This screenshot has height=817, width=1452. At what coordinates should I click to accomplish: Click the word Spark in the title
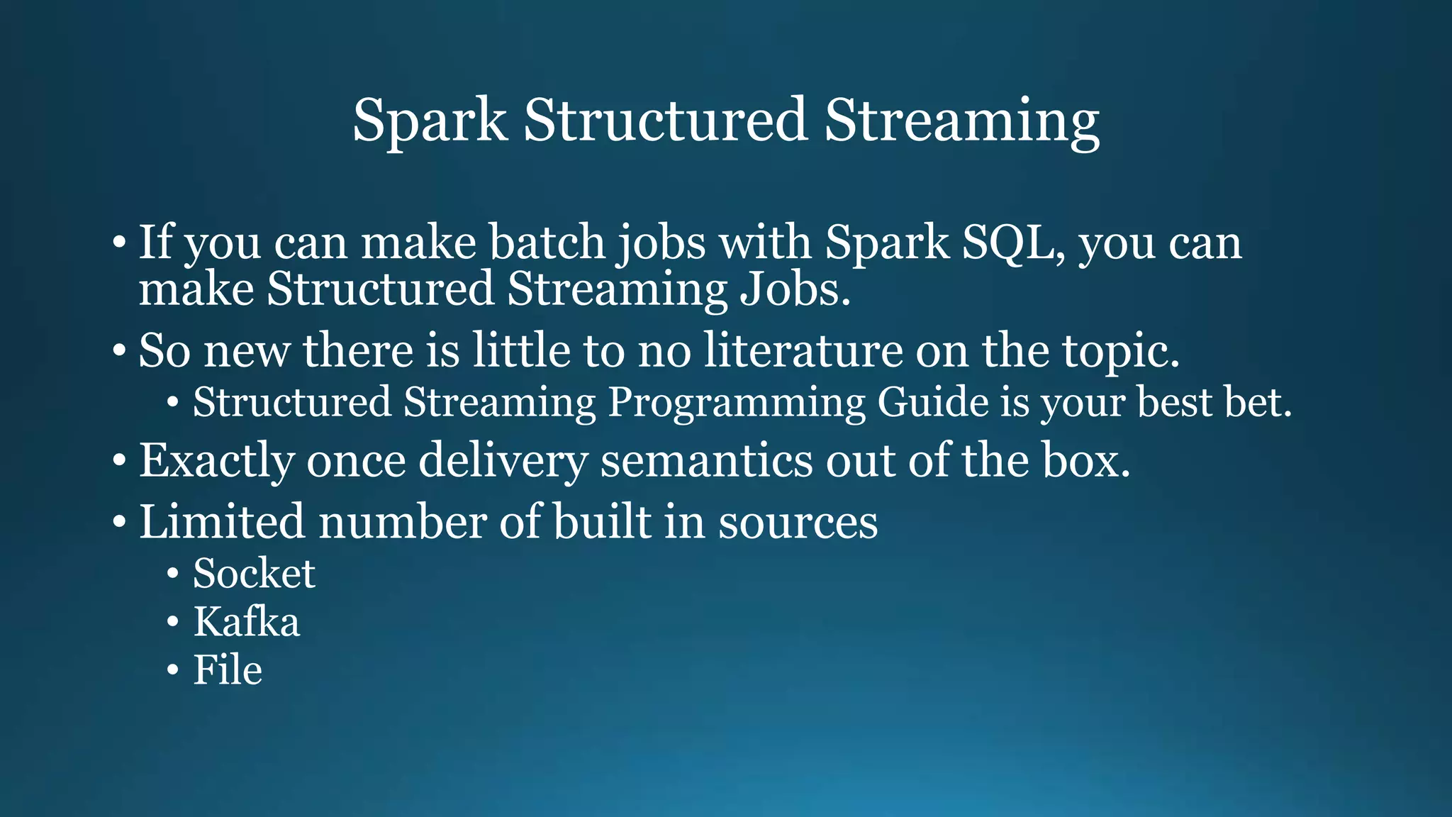click(x=430, y=121)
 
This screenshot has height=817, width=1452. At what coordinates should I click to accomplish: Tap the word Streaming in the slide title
click(x=961, y=121)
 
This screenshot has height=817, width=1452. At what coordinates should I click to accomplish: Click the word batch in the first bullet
click(x=547, y=243)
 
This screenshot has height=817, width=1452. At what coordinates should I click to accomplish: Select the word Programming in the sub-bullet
click(x=737, y=402)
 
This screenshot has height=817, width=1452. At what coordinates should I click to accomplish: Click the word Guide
click(x=932, y=402)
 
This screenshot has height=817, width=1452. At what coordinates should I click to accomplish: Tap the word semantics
click(x=706, y=460)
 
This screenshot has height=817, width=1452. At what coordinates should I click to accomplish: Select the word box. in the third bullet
click(x=1086, y=460)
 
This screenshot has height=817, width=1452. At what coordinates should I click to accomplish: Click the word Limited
click(x=222, y=522)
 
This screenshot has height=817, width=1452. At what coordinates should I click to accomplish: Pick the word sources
click(x=798, y=522)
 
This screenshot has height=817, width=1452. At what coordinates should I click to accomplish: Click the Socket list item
click(x=254, y=573)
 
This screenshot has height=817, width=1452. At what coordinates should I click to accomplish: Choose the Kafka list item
click(x=246, y=622)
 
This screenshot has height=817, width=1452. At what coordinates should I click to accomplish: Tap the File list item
click(x=228, y=670)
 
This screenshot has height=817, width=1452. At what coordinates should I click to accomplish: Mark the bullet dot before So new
click(x=119, y=351)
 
